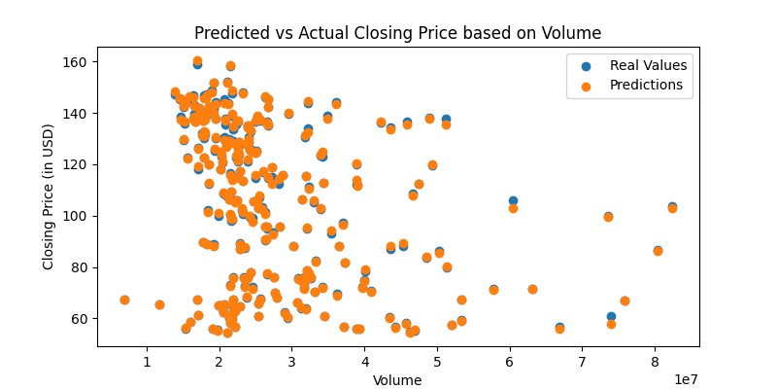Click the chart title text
pyautogui.click(x=397, y=33)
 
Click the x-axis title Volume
pyautogui.click(x=397, y=380)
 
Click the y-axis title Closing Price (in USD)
pyautogui.click(x=49, y=195)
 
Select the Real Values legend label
pyautogui.click(x=648, y=65)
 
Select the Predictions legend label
pyautogui.click(x=646, y=85)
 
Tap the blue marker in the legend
pyautogui.click(x=586, y=65)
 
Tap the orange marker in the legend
pyautogui.click(x=586, y=85)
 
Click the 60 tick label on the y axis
pyautogui.click(x=79, y=319)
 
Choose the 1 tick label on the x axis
pyautogui.click(x=147, y=362)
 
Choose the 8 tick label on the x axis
pyautogui.click(x=655, y=362)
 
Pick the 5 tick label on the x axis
pyautogui.click(x=437, y=362)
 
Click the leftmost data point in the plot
pyautogui.click(x=124, y=300)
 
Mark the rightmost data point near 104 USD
pyautogui.click(x=672, y=207)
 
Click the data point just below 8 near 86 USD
pyautogui.click(x=658, y=251)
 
